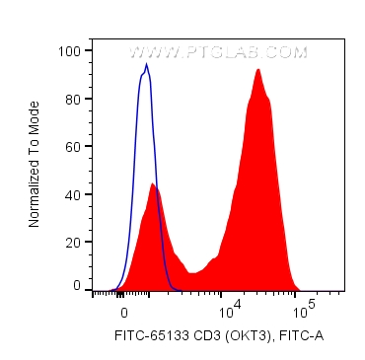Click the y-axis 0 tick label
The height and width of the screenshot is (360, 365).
(x=77, y=286)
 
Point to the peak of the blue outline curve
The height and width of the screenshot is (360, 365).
(x=147, y=65)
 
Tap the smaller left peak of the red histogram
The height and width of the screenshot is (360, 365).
(x=152, y=183)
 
